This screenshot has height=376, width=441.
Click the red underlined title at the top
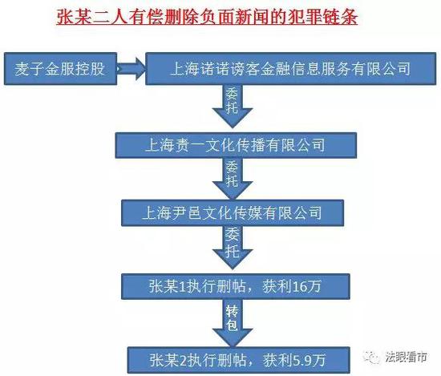pos(207,18)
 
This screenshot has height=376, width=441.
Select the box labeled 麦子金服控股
pos(60,69)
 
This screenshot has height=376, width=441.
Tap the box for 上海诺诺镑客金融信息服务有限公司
pos(290,69)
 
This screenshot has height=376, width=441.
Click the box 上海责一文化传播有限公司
pos(236,145)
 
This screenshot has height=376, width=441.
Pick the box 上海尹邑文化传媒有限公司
pos(233,213)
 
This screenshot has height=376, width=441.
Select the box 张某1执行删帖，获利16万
pos(236,286)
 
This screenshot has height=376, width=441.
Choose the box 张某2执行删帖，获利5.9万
pos(239,360)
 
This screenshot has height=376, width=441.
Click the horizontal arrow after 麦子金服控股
pos(131,69)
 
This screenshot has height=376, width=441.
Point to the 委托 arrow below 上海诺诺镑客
pos(233,107)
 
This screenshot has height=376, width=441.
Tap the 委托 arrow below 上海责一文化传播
pos(233,179)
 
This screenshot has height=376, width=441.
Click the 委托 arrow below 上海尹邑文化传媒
pos(233,248)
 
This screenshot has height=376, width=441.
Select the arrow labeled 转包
pos(233,323)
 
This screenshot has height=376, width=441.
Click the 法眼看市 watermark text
pos(407,357)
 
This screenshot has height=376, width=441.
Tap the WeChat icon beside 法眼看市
pos(372,357)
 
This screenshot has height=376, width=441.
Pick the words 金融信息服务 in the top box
pos(305,69)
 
